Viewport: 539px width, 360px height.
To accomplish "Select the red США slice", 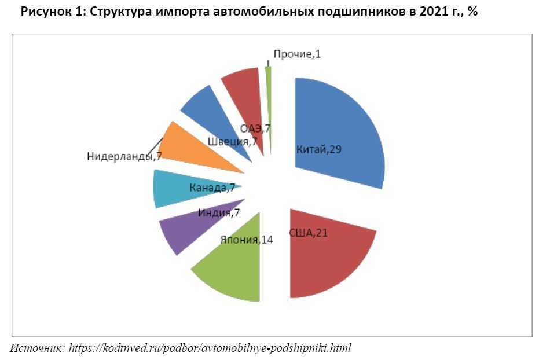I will (336, 260).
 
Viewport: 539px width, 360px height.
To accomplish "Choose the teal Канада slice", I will (168, 188).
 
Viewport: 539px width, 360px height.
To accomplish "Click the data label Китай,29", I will (318, 150).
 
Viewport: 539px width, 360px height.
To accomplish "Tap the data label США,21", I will (309, 233).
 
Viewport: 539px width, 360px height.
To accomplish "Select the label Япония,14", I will (247, 239).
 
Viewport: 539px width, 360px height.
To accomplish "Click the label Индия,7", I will (219, 213).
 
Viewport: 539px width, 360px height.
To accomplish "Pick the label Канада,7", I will (212, 188).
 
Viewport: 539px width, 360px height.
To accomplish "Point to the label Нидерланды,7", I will (123, 156).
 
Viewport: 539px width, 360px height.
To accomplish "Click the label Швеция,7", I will (232, 142).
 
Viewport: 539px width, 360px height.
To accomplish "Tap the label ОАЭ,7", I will (256, 128).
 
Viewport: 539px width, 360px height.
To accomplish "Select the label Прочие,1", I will (297, 54).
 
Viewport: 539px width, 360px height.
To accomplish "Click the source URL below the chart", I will (210, 348).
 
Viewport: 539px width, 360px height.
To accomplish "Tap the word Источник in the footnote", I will (36, 348).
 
